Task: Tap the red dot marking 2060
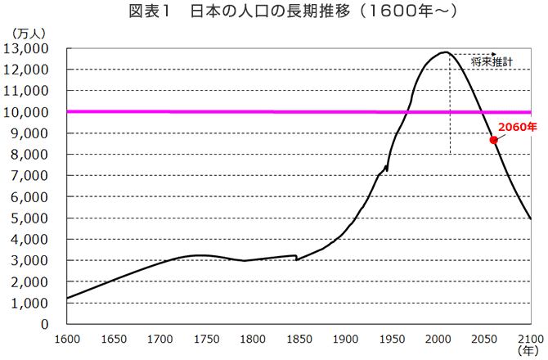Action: [x=493, y=140]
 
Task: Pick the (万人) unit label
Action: [x=29, y=32]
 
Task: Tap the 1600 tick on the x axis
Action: [x=66, y=338]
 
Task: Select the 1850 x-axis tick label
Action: [x=299, y=338]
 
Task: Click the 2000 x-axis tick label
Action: [x=438, y=338]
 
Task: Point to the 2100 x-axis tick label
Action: [x=530, y=338]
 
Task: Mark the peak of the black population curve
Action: [x=445, y=52]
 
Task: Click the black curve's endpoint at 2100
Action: [x=530, y=218]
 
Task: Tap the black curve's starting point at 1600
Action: [x=67, y=298]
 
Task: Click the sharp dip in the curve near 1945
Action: [x=387, y=170]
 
